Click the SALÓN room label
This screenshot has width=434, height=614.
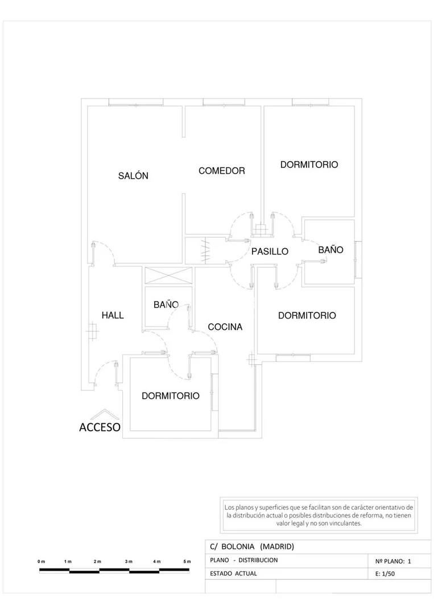click(134, 176)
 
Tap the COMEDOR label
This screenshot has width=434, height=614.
click(221, 171)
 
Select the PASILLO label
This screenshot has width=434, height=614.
click(270, 252)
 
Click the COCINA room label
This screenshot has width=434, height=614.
click(225, 327)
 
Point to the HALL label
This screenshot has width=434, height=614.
click(113, 315)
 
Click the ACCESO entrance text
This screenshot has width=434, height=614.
click(100, 427)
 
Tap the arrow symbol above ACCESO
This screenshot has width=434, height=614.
click(105, 414)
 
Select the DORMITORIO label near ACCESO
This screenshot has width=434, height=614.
click(171, 396)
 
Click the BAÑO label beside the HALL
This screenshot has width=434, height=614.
click(166, 304)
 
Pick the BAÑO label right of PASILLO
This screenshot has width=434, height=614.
click(330, 250)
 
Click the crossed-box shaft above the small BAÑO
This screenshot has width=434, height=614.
click(169, 275)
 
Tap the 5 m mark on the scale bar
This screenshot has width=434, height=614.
click(187, 562)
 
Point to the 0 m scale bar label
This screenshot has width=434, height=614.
click(41, 562)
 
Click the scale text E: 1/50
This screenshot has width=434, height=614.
click(385, 574)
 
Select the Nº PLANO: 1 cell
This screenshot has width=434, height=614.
click(393, 561)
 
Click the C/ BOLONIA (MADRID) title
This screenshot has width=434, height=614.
click(252, 546)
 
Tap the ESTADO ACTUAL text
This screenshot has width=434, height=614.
click(233, 573)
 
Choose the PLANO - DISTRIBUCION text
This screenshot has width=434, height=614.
click(244, 560)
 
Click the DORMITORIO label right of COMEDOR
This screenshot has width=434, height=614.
click(309, 164)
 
